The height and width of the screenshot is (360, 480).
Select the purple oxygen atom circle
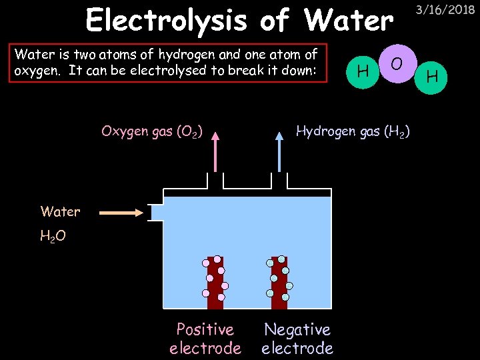click(x=397, y=63)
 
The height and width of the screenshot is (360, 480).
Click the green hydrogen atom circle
click(x=432, y=77)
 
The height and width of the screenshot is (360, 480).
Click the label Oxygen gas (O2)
click(x=152, y=131)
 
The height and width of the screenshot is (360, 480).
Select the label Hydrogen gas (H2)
click(x=353, y=131)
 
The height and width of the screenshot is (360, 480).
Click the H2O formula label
click(x=53, y=236)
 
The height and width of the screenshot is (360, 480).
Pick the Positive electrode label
click(x=205, y=339)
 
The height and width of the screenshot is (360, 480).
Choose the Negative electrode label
click(x=297, y=339)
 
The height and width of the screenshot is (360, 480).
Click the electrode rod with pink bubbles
click(x=215, y=283)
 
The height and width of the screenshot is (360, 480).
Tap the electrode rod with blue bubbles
click(x=279, y=283)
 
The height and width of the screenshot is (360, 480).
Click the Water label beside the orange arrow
click(x=60, y=212)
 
